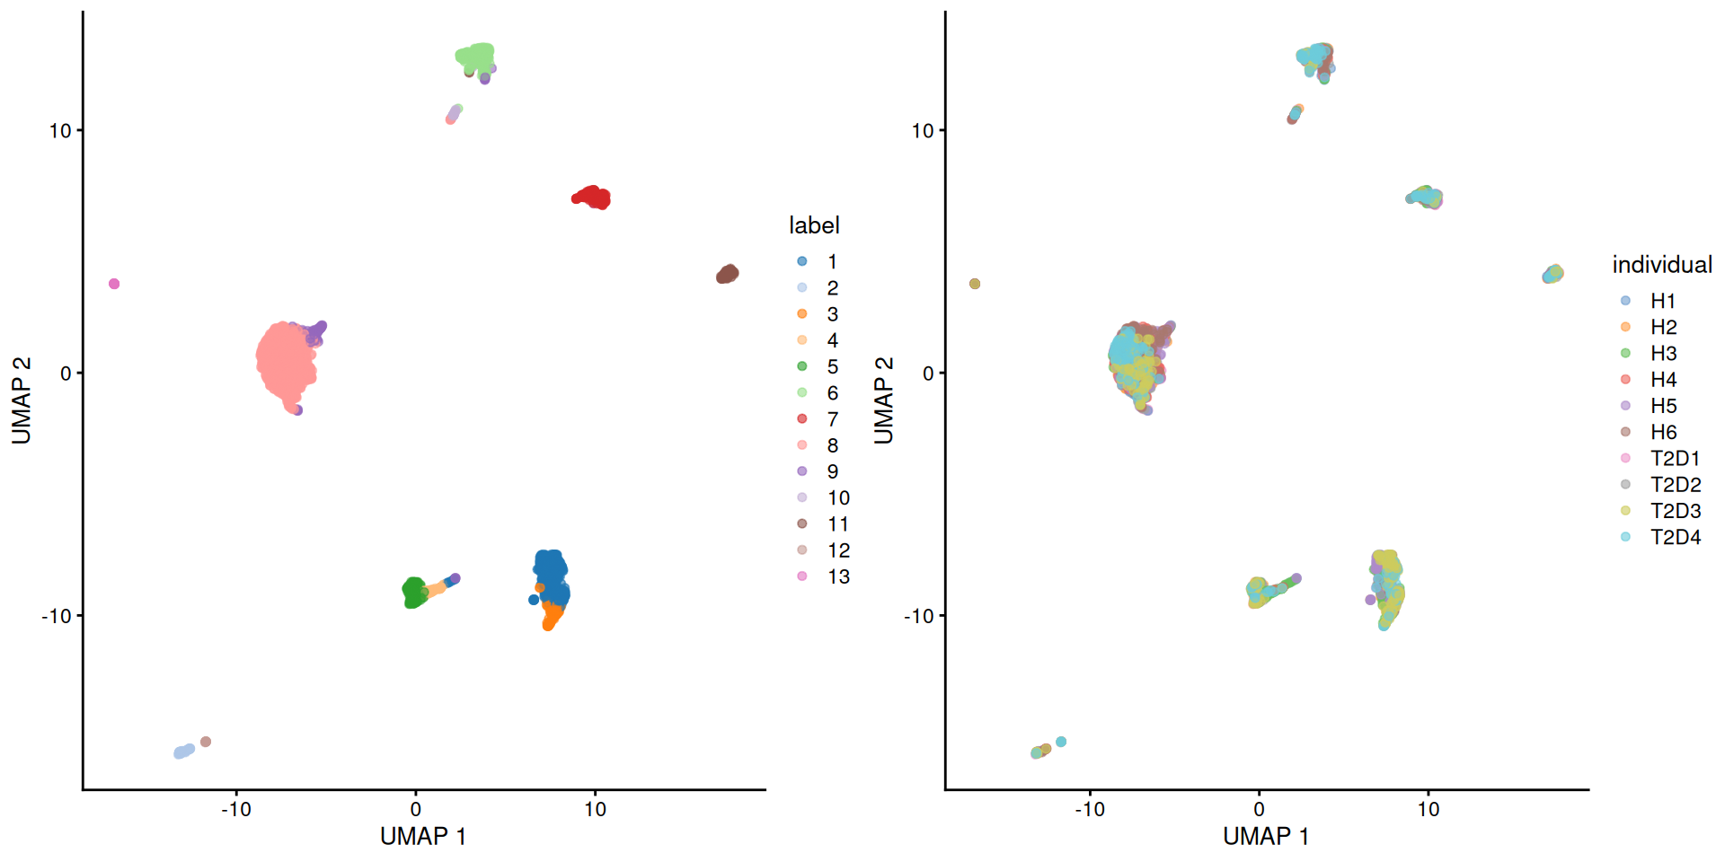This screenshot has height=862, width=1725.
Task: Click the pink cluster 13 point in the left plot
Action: coord(114,284)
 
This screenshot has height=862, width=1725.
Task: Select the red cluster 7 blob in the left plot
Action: coord(592,198)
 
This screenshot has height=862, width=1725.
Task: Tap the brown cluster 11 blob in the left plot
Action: coord(728,274)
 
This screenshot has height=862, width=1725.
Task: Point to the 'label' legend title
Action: coord(814,225)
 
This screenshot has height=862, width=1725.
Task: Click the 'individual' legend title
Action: coord(1662,265)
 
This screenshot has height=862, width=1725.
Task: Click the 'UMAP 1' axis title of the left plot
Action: coord(422,837)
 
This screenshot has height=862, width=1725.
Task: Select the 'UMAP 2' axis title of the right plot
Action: coord(884,400)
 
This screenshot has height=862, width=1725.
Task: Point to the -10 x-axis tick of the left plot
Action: coord(236,809)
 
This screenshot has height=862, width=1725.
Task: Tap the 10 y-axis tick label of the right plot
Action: coord(923,131)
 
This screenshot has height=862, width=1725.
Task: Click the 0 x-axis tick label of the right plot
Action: coord(1259,809)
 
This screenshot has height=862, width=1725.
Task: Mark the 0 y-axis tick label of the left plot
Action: coord(65,374)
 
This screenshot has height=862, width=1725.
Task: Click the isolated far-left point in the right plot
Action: coord(975,284)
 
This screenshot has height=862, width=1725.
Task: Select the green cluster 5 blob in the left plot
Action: coord(414,592)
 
